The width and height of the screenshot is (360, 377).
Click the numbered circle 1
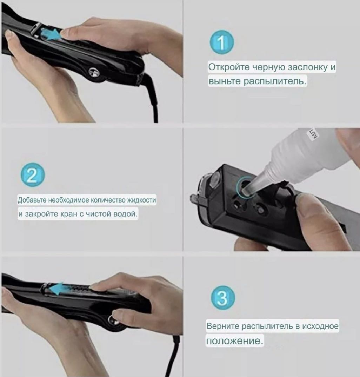coord(222,42)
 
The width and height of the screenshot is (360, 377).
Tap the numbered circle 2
coord(33,175)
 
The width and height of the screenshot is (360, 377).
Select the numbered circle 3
coord(223,298)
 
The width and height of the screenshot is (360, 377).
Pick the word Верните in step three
coord(223,326)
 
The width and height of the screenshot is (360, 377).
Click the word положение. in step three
coord(234,341)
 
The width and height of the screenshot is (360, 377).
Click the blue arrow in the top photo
coord(50,34)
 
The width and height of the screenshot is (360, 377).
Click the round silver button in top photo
coord(94,72)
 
